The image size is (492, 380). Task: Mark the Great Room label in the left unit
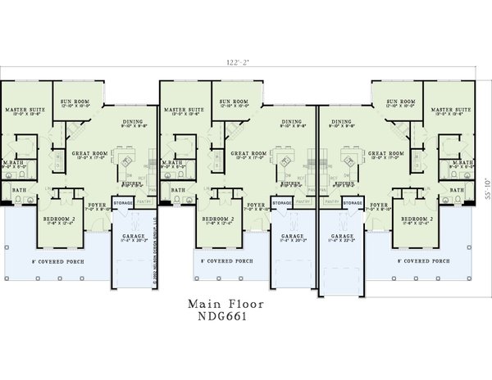point(89,153)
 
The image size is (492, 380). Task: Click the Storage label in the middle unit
point(282,201)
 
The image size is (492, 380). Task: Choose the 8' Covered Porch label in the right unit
point(425,261)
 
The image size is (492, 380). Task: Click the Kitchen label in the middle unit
point(289,185)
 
